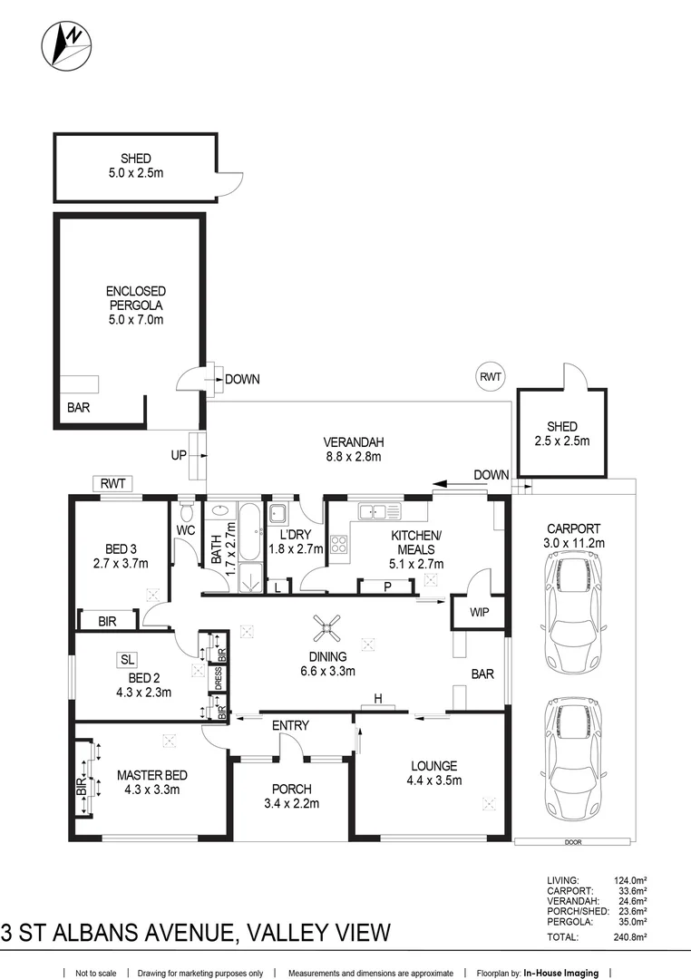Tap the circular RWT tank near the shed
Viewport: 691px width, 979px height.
(491, 376)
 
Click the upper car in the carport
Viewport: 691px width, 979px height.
(572, 612)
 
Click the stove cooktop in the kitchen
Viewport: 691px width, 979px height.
(340, 545)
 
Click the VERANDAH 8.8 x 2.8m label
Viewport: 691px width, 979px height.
(354, 450)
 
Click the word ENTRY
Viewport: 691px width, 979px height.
(290, 725)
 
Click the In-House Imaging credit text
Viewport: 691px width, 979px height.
(560, 973)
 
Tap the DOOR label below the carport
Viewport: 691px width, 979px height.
(572, 842)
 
